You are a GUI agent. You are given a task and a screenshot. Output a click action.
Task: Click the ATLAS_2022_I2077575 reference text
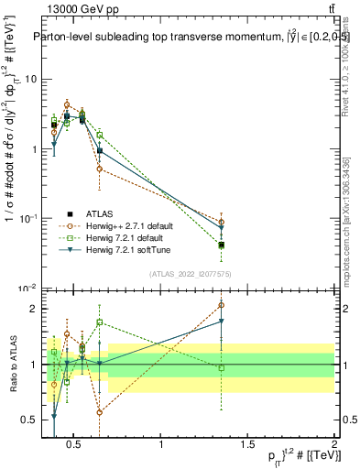190,273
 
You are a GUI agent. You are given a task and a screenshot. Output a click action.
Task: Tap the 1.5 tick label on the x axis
248,445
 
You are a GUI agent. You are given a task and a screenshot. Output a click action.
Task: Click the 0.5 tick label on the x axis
76,445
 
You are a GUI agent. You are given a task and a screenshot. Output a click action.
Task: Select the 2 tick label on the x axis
334,445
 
